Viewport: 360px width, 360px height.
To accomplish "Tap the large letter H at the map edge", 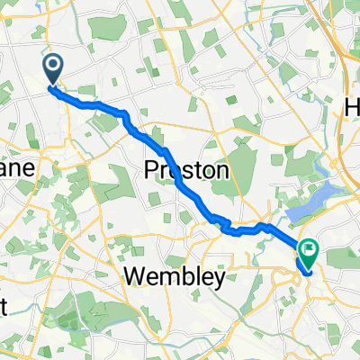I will coord(352,106).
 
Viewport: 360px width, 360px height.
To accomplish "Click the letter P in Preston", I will coord(151,170).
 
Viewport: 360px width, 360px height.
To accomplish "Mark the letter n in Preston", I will coord(221,171).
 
